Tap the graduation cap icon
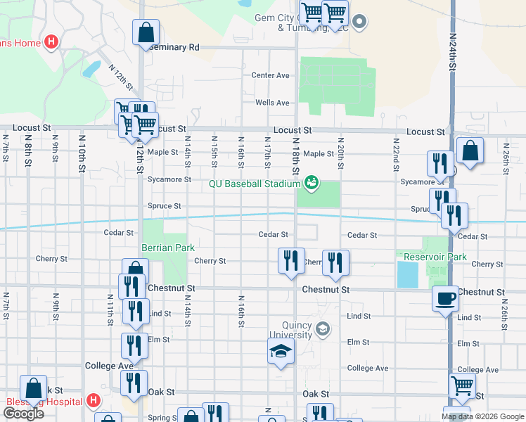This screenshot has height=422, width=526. pyautogui.click(x=281, y=351)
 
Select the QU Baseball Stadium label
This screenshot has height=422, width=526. pyautogui.click(x=254, y=184)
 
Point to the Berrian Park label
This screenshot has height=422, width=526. pyautogui.click(x=167, y=248)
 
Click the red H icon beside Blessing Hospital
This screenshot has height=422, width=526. pyautogui.click(x=94, y=401)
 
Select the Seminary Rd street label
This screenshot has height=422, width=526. pyautogui.click(x=174, y=47)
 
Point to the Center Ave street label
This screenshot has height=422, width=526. pyautogui.click(x=271, y=75)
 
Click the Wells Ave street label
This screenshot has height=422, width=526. pyautogui.click(x=272, y=103)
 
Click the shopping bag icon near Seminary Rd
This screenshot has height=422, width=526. pyautogui.click(x=146, y=32)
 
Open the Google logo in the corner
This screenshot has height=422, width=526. pyautogui.click(x=23, y=413)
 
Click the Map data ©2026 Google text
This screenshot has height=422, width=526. pyautogui.click(x=482, y=416)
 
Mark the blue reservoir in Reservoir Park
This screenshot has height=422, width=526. pyautogui.click(x=408, y=274)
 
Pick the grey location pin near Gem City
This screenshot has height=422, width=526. pyautogui.click(x=359, y=22)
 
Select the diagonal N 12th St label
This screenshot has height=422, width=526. pyautogui.click(x=121, y=77)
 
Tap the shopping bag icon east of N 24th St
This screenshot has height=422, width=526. pyautogui.click(x=469, y=151)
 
